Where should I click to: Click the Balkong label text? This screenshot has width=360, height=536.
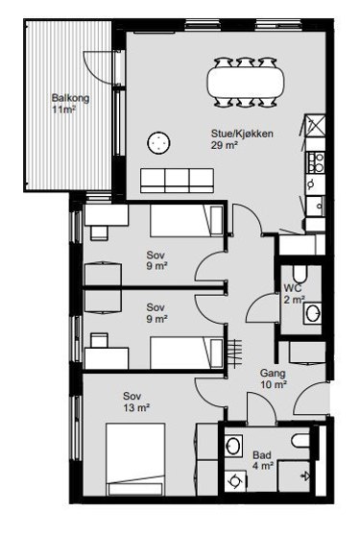pos(70,98)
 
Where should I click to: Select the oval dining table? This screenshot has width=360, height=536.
pos(245,82)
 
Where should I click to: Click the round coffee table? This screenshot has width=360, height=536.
pos(158,142)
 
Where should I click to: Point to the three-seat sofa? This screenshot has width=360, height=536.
pos(177,181)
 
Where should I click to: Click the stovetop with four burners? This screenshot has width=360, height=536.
pos(316,162)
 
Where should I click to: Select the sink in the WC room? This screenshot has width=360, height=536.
pos(312,313)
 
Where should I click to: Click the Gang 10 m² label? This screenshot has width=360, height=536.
pos(274,378)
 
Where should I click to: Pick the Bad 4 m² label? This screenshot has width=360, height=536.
pos(263,460)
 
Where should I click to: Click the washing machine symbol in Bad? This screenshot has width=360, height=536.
pos(235,481)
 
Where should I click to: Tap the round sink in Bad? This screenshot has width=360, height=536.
pos(233,446)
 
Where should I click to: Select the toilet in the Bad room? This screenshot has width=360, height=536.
pos(300,441)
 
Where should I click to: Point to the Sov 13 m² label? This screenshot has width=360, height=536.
pos(136,402)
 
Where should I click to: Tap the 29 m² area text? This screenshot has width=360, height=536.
pos(225,145)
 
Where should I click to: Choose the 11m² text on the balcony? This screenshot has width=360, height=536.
pos(63,110)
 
